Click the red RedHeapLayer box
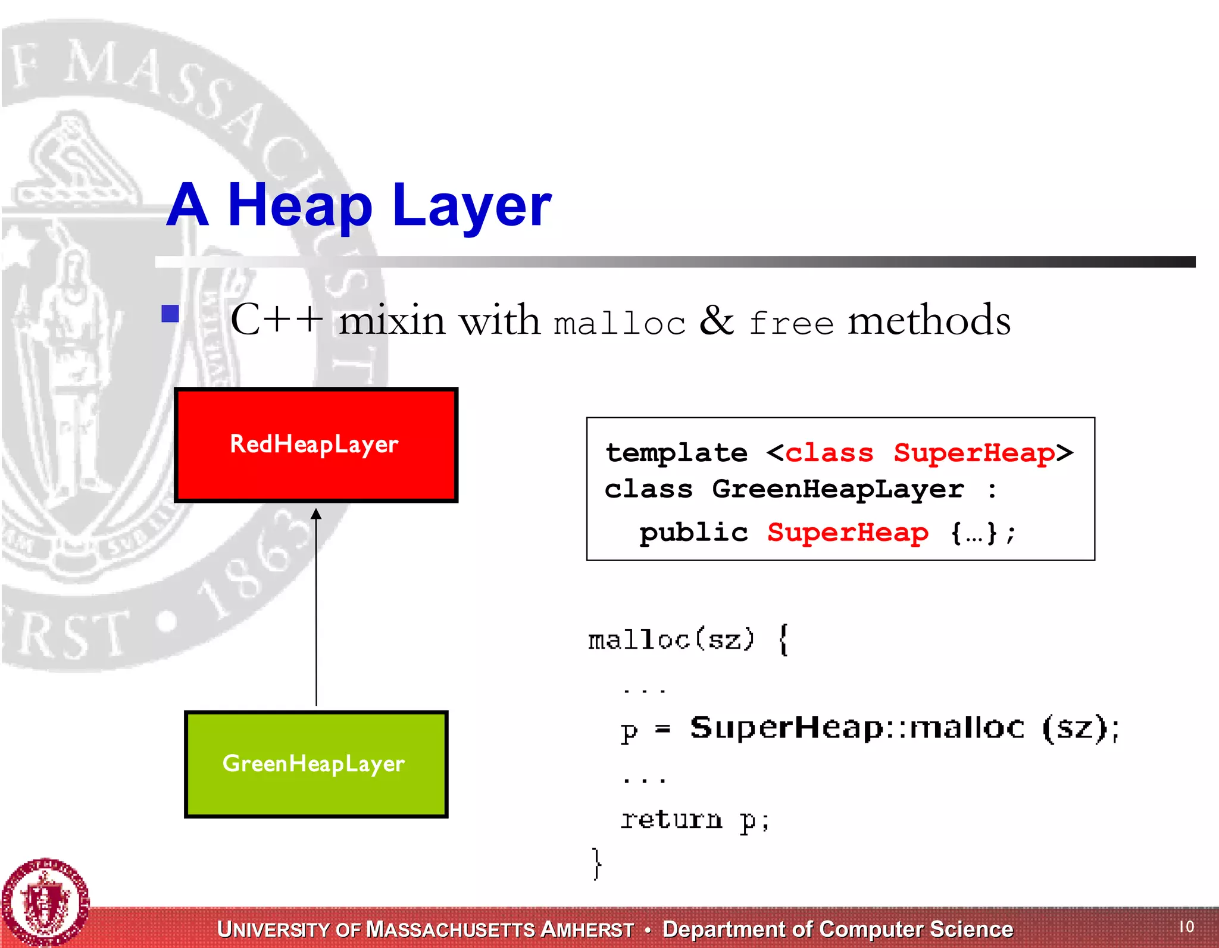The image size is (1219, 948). coord(315,445)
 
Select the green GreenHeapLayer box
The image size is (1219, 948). coord(315,764)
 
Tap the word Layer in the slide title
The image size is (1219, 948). coord(471,206)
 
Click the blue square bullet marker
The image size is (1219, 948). coord(170,314)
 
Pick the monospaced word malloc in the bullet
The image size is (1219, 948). coord(619,324)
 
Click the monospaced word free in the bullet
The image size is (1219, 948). coord(791,324)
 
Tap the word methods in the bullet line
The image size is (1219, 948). coord(929,321)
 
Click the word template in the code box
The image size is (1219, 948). coord(676,453)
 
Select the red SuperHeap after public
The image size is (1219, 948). coord(848,533)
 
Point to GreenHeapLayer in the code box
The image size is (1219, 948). coord(837,490)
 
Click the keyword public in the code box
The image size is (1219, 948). coord(693,533)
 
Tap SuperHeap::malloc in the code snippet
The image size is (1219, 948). coord(857,728)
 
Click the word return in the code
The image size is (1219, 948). coord(671,820)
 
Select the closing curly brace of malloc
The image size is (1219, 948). coord(597,863)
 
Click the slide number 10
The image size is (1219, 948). coord(1186,927)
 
